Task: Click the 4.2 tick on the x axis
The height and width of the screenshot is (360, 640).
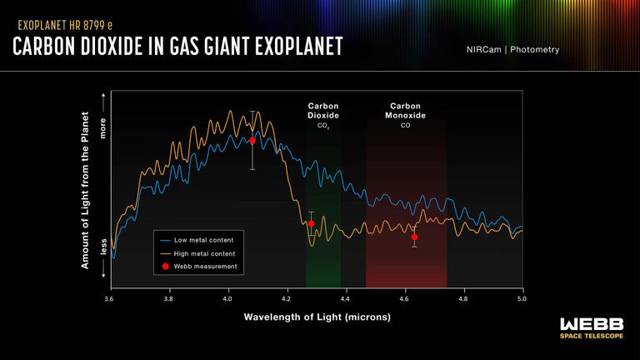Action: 287,298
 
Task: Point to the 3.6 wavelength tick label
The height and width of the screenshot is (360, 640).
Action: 109,298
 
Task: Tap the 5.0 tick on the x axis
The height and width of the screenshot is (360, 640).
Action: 522,298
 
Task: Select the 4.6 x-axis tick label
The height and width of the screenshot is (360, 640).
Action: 404,298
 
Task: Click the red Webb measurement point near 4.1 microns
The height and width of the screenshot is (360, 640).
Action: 252,141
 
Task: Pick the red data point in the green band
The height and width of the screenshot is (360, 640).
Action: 312,223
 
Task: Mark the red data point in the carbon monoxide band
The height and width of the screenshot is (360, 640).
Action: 414,237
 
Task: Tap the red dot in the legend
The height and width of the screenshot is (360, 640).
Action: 166,267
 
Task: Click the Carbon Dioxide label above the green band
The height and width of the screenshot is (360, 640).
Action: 323,111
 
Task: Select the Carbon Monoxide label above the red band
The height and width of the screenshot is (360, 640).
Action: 406,111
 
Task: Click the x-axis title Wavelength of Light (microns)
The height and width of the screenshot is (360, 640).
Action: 317,317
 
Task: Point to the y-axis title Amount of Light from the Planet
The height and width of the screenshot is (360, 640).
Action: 85,191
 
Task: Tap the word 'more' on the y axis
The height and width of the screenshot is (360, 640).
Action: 103,127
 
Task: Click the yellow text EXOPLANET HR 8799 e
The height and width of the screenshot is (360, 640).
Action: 65,26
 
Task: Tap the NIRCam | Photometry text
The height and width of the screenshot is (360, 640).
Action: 512,50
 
